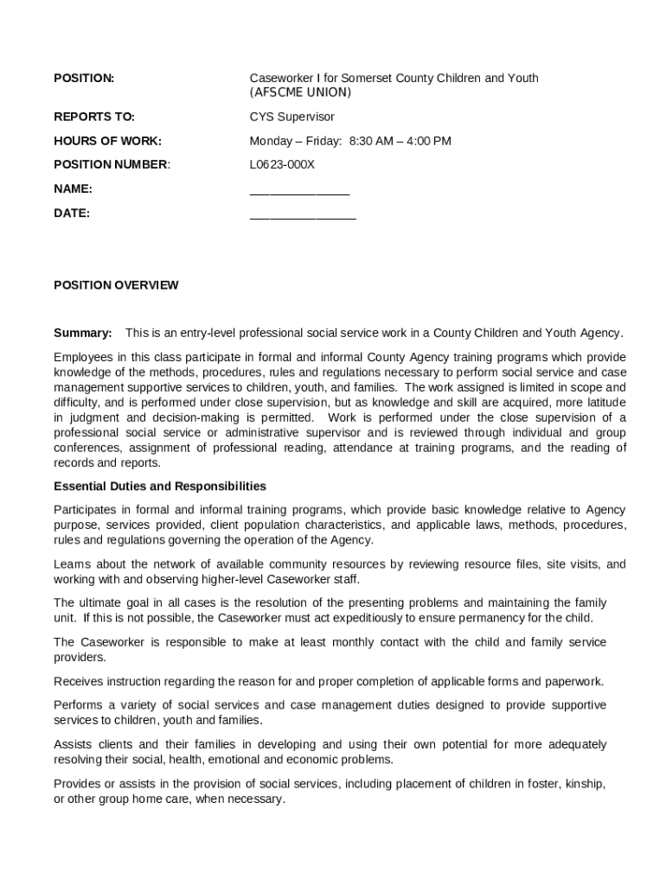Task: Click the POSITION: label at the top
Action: pyautogui.click(x=84, y=79)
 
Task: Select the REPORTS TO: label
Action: pyautogui.click(x=94, y=117)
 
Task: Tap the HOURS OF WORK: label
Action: pyautogui.click(x=107, y=141)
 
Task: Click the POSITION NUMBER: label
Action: pyautogui.click(x=112, y=164)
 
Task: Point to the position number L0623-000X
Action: pyautogui.click(x=282, y=164)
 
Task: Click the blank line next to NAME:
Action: pyautogui.click(x=299, y=192)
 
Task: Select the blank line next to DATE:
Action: pyautogui.click(x=303, y=216)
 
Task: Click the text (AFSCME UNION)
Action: pyautogui.click(x=300, y=92)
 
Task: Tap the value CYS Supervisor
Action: pyautogui.click(x=291, y=117)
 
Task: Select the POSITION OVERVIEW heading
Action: pyautogui.click(x=116, y=285)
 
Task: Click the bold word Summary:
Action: pyautogui.click(x=83, y=333)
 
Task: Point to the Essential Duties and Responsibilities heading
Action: pyautogui.click(x=160, y=486)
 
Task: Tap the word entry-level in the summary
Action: pyautogui.click(x=208, y=333)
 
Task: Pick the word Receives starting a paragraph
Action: pyautogui.click(x=78, y=681)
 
